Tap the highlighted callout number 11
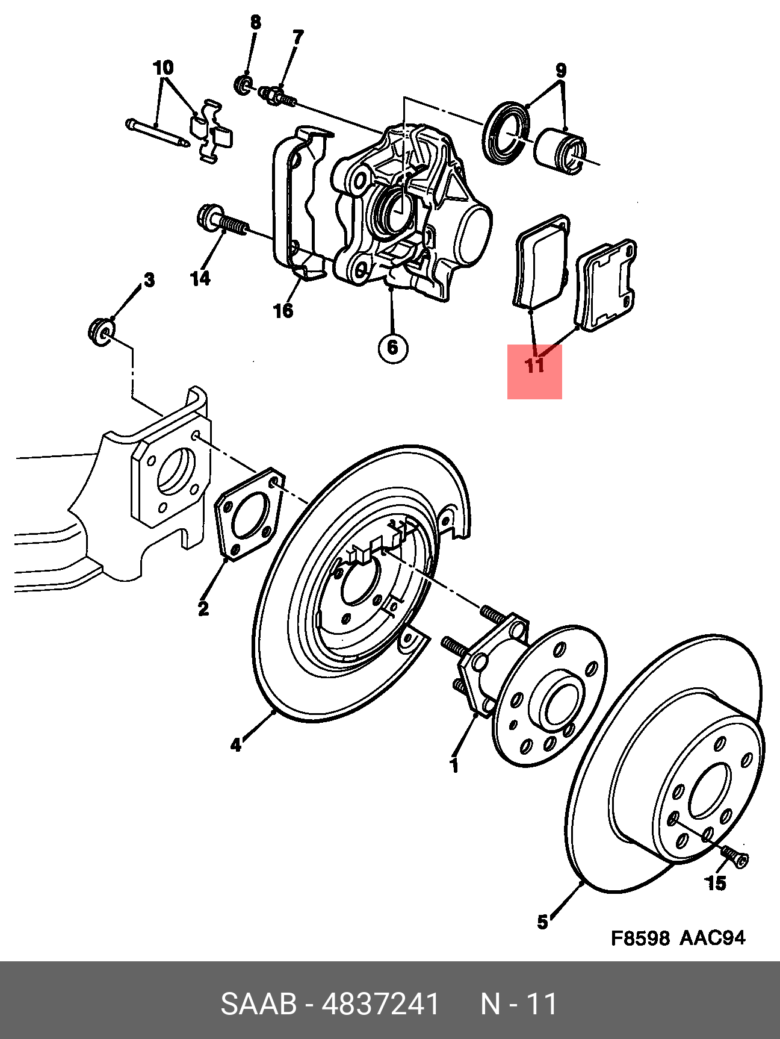coord(534,366)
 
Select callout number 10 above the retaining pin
coord(163,67)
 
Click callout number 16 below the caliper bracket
coord(283,311)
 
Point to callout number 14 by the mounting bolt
coord(200,278)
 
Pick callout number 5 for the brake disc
coord(542,922)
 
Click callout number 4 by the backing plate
coord(235,745)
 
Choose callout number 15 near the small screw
coord(716,884)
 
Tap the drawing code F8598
coord(640,938)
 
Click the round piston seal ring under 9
coord(507,134)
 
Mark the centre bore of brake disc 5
coord(710,790)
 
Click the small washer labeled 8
coord(243,84)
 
